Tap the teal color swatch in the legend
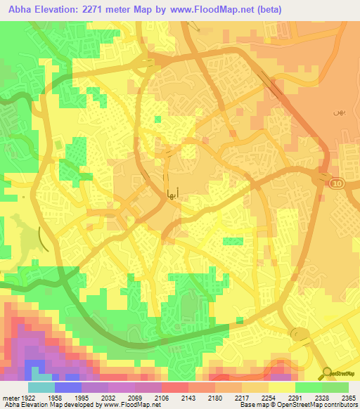click(x=41, y=388)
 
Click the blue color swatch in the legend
click(x=68, y=388)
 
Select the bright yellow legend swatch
click(x=282, y=388)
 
